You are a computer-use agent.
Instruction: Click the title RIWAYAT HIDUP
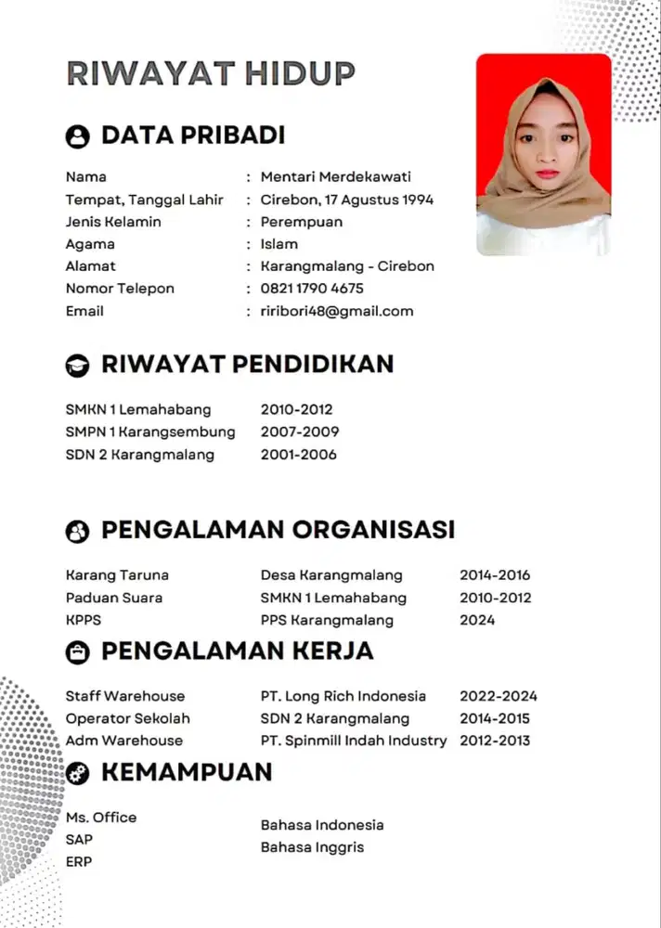pos(210,73)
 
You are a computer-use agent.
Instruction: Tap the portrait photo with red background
pos(543,154)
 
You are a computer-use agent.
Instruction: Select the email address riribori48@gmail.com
pos(337,311)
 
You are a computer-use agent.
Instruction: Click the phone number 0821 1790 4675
pos(312,289)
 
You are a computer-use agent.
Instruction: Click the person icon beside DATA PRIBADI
pos(77,136)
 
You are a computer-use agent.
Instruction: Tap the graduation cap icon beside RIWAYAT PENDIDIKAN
pos(77,366)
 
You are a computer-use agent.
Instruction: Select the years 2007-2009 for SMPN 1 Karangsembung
pos(300,432)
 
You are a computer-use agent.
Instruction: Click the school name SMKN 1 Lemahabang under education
pos(138,409)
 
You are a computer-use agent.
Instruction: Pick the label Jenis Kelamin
pos(113,222)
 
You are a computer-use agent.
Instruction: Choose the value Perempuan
pos(302,222)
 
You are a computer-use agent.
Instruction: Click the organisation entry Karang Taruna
pos(117,575)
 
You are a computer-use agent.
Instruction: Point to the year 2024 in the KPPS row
pos(477,620)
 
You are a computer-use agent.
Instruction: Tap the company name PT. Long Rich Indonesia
pos(343,696)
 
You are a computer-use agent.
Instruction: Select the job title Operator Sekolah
pos(127,718)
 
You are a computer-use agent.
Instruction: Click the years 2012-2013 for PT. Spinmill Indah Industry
pos(495,741)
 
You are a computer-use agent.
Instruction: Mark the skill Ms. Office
pos(101,818)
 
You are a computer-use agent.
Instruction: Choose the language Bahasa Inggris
pos(312,847)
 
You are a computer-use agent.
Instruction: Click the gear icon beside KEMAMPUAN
pos(77,773)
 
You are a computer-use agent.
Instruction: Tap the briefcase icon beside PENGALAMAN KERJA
pos(77,652)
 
